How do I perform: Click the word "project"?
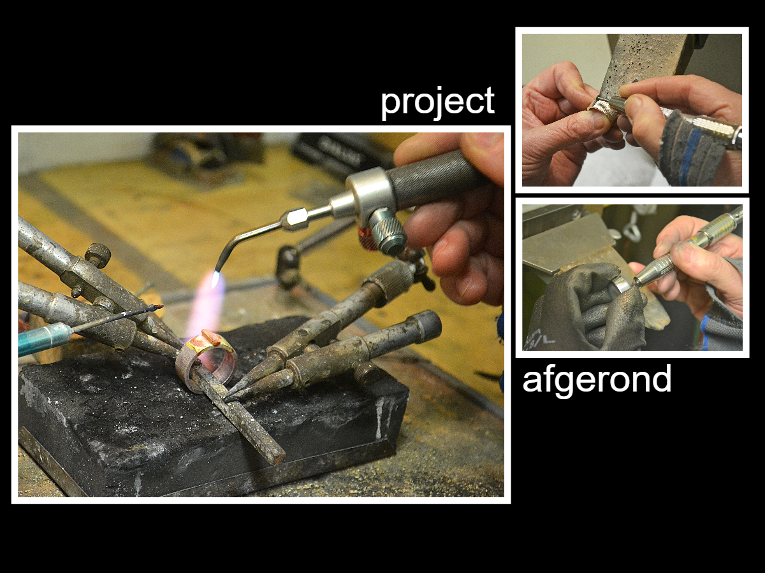point(437,103)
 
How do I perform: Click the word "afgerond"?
point(597,381)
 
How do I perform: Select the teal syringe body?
point(43,339)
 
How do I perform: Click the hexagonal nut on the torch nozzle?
point(295,219)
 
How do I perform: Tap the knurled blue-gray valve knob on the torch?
point(387,231)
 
